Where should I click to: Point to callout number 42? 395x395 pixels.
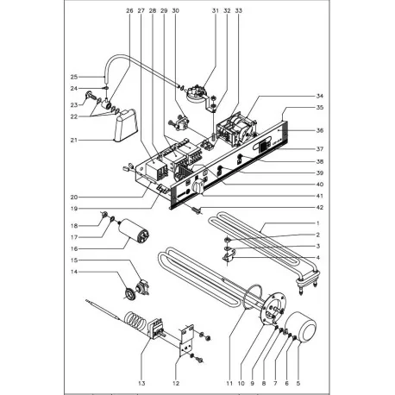click(295, 207)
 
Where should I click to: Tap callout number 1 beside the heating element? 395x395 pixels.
click(295, 223)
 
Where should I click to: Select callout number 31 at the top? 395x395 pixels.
click(191, 10)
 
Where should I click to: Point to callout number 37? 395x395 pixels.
click(295, 149)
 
